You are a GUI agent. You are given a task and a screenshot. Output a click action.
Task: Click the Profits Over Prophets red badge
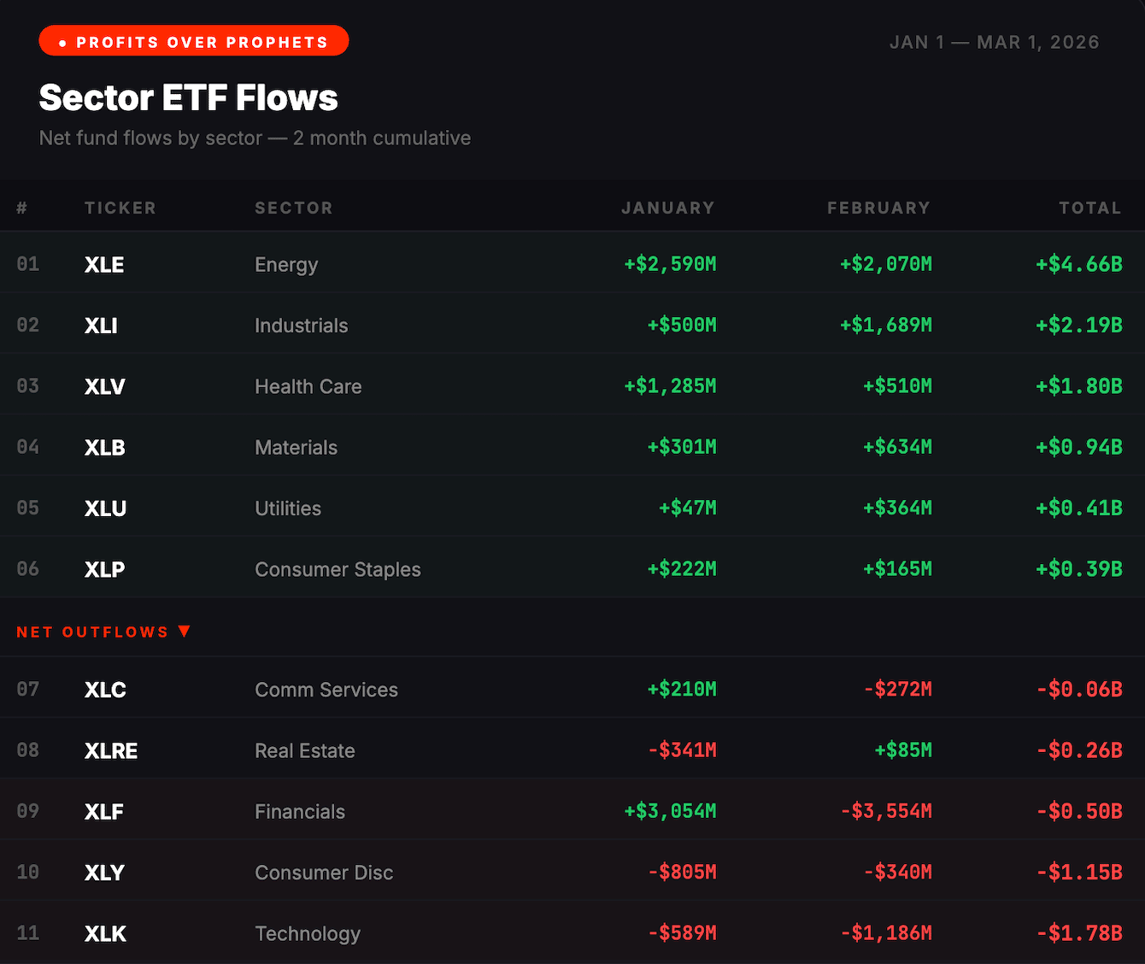tap(194, 41)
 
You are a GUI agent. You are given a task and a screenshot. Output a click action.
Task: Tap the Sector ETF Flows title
tap(188, 97)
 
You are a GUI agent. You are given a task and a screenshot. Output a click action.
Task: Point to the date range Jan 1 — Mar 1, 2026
tap(994, 42)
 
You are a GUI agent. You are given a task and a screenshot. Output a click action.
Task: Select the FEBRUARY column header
tap(878, 208)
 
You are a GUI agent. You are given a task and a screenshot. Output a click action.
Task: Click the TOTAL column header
tap(1089, 208)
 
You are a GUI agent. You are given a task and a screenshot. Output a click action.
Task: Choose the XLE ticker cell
tap(104, 265)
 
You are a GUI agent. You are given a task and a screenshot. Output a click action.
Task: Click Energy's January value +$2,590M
tap(670, 264)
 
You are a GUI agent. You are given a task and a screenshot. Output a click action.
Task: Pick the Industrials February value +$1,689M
tap(885, 325)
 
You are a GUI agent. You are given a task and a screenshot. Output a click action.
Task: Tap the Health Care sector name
tap(308, 386)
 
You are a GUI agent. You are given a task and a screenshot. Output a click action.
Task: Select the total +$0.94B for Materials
tap(1078, 447)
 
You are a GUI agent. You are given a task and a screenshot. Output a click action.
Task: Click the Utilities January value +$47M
tap(687, 508)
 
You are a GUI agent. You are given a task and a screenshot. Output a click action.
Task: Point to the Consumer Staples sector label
tap(338, 569)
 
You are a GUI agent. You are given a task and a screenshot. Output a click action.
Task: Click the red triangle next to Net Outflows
tap(184, 631)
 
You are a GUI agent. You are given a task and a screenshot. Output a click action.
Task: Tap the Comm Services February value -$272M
tap(897, 689)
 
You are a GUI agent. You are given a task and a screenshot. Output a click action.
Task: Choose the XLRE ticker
tap(111, 750)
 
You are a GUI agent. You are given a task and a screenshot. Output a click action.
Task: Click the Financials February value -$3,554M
tap(885, 811)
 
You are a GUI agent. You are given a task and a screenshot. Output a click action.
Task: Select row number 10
tap(28, 872)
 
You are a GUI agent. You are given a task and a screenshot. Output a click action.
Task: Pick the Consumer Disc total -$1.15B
tap(1078, 872)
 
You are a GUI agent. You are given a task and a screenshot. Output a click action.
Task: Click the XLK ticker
tap(105, 933)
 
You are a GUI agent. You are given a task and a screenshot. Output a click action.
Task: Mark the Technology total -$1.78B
tap(1078, 933)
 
